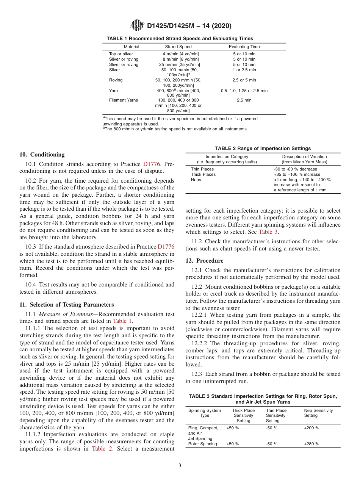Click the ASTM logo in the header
tap(137, 26)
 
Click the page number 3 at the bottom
tap(180, 466)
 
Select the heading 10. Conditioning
tap(42, 155)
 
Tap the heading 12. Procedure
tap(205, 261)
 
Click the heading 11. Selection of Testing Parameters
tap(66, 305)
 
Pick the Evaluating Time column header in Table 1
tap(244, 47)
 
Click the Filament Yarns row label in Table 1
tap(124, 100)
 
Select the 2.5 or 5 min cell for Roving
tap(244, 80)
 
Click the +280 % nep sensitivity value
tap(311, 444)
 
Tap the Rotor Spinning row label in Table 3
tap(203, 444)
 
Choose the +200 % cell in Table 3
tap(311, 428)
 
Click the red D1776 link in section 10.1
tap(152, 164)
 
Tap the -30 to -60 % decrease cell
tap(295, 169)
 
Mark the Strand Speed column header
tap(178, 47)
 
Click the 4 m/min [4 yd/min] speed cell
tap(180, 54)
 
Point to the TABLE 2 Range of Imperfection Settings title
tap(263, 148)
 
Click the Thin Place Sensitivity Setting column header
tap(276, 415)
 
